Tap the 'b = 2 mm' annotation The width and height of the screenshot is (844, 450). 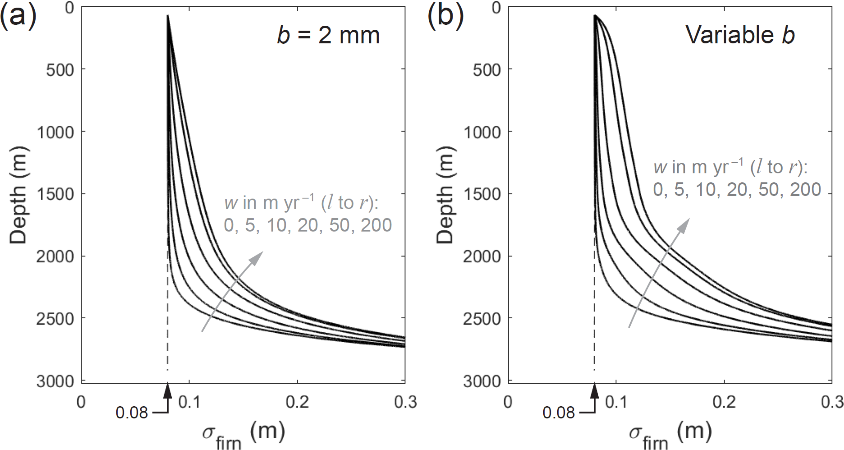tap(328, 35)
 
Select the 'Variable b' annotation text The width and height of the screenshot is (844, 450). tap(740, 35)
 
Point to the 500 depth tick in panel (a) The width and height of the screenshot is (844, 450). tap(60, 70)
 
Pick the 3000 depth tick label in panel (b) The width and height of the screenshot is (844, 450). tap(482, 382)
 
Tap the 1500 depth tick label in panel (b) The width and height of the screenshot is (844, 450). tap(482, 195)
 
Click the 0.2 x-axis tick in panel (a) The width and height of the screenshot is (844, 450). tap(298, 402)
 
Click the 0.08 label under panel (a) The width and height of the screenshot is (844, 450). tap(132, 413)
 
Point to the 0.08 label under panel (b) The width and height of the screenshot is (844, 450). tap(559, 413)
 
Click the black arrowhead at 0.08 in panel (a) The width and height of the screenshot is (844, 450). tap(168, 390)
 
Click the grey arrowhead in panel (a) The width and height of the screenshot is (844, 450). tap(257, 258)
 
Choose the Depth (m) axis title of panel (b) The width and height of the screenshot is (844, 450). tap(445, 195)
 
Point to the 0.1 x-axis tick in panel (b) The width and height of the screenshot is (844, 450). tap(616, 402)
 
